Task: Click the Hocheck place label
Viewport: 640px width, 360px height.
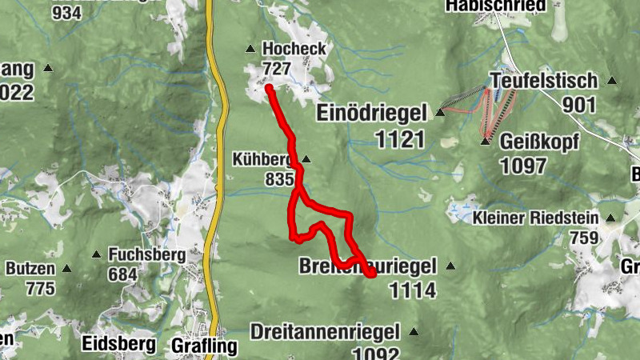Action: point(294,49)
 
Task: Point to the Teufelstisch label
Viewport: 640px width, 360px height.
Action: point(544,81)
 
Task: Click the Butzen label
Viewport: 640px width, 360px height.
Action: point(31,268)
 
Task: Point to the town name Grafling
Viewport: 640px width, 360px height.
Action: point(205,346)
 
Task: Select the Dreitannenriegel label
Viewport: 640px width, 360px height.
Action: point(328,331)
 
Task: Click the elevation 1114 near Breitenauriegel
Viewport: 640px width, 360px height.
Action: point(413,290)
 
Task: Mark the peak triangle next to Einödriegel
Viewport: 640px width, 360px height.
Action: point(440,114)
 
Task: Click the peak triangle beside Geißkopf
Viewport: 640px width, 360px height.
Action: point(484,142)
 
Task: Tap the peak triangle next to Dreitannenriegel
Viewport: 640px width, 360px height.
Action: point(414,331)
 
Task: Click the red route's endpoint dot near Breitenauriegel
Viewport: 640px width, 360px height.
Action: point(371,274)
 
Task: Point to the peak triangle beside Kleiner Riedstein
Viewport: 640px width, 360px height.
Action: point(610,218)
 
